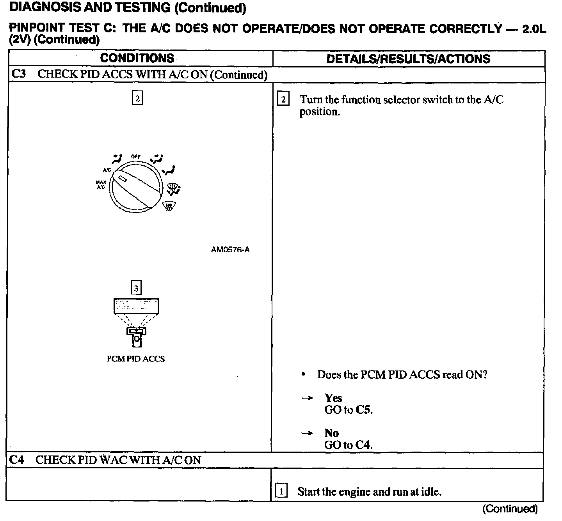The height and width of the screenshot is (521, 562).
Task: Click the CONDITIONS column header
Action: coord(137,58)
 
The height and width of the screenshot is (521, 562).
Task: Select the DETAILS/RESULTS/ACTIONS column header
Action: coord(408,59)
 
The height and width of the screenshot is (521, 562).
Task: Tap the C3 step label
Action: coord(18,74)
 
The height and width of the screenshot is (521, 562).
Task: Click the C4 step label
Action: coord(17,460)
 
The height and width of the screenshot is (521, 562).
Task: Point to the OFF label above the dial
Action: coord(135,157)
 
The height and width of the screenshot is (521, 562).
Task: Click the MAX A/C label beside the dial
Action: coord(101,185)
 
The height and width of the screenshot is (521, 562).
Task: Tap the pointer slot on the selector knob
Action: coord(122,179)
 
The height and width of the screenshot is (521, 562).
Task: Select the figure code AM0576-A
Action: coord(230,250)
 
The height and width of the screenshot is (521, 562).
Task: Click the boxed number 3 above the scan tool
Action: coord(136,288)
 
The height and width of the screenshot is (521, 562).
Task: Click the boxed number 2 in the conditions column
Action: coord(137,98)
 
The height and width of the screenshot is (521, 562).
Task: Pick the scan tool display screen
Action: coord(136,306)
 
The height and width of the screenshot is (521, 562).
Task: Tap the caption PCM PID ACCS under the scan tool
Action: coord(136,359)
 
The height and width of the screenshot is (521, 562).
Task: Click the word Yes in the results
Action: coord(333,398)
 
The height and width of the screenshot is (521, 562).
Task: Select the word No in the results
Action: coord(331,433)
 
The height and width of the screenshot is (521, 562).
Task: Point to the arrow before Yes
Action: coord(307,398)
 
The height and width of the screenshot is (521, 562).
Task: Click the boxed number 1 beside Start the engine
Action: coord(281,491)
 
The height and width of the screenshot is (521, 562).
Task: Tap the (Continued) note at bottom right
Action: coord(510,509)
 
